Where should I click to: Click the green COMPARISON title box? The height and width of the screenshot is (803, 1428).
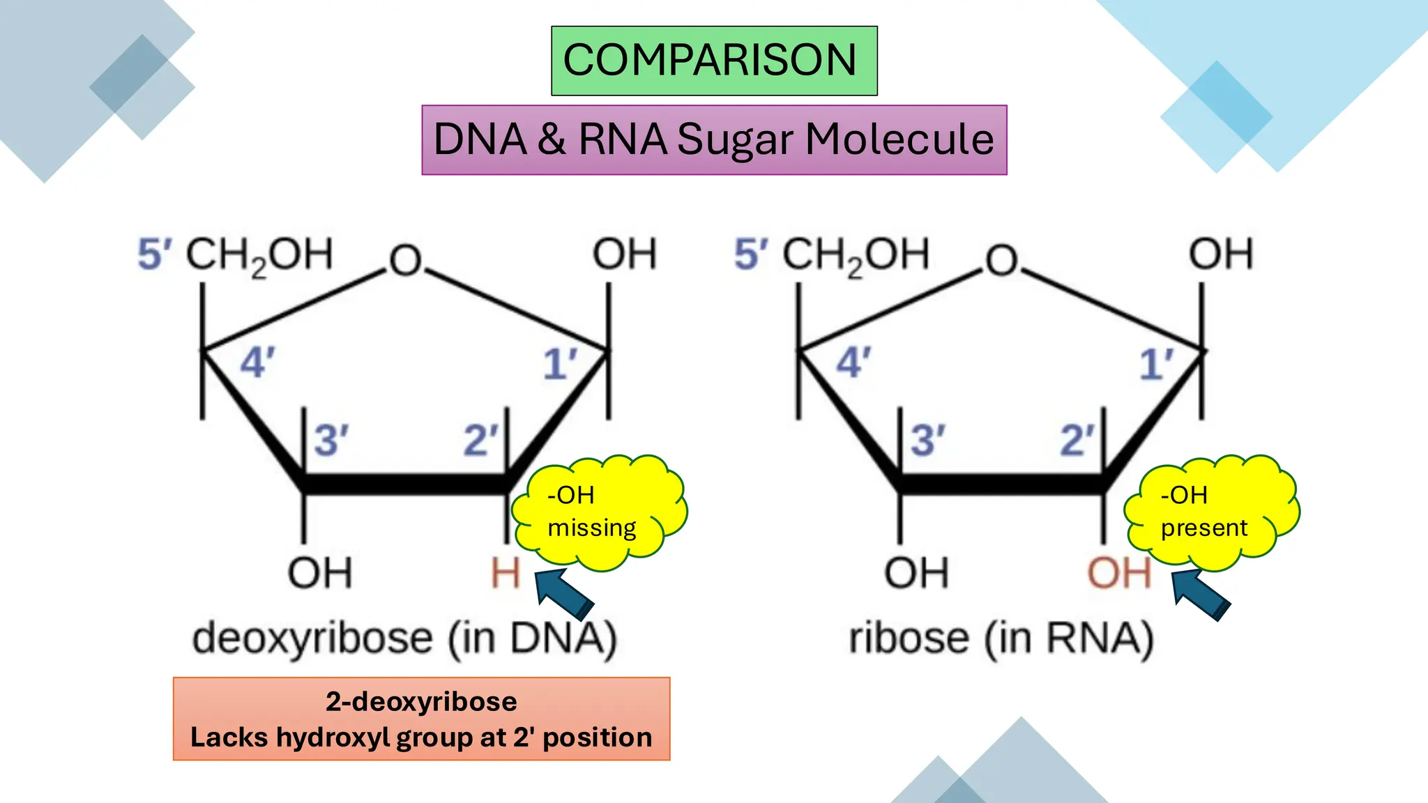pos(714,61)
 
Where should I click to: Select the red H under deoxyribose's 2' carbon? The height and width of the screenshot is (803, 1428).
pos(506,573)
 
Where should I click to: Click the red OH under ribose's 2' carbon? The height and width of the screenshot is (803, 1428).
pos(1118,573)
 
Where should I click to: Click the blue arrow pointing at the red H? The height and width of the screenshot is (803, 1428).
pos(565,592)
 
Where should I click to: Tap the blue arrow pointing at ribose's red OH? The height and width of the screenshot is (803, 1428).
pos(1201,595)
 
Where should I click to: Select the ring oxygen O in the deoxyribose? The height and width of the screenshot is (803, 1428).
pos(406,261)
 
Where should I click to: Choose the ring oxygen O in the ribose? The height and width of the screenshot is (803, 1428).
pos(1002,261)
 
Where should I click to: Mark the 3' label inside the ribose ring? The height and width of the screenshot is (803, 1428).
pos(927,441)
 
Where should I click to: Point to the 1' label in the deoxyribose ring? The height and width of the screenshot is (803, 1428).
pos(560,364)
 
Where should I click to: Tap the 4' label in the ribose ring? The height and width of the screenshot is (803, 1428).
pos(853,363)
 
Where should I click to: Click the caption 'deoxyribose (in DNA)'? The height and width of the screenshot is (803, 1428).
pos(404,638)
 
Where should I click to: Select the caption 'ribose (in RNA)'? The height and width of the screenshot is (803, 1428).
pos(1001,638)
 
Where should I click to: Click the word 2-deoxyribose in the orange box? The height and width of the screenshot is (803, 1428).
pos(421,701)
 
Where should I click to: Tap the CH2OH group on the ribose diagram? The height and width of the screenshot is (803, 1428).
pos(856,255)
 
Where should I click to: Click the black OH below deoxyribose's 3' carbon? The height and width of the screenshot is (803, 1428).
pos(320,573)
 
